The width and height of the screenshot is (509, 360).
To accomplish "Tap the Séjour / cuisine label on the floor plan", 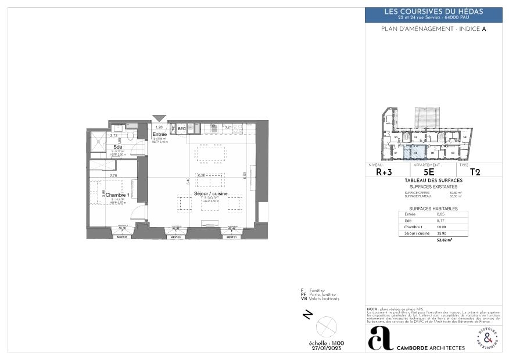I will click(x=211, y=193).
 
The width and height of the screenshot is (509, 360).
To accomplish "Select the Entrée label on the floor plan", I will click(x=160, y=134).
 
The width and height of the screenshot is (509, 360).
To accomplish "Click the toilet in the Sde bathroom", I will click(x=132, y=136).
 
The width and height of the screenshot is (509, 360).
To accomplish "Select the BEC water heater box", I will click(x=181, y=128).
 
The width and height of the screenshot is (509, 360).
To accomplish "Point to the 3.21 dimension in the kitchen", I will click(x=228, y=127).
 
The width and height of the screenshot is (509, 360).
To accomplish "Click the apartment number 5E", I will click(x=429, y=172).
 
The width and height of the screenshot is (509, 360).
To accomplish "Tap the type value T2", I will click(x=475, y=172).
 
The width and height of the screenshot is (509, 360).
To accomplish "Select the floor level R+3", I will click(x=384, y=172).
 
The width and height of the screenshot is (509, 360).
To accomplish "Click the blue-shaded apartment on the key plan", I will click(x=414, y=152).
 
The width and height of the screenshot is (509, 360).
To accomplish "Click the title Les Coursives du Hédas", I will click(x=433, y=12).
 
